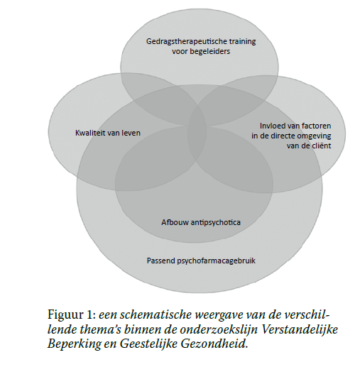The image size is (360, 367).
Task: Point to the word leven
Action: [131, 133]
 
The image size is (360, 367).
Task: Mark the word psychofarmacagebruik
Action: [217, 261]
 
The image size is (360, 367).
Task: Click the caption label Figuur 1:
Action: [72, 315]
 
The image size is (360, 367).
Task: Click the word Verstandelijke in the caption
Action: [299, 329]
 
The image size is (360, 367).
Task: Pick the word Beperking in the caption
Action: [75, 344]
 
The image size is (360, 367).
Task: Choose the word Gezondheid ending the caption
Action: [214, 344]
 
